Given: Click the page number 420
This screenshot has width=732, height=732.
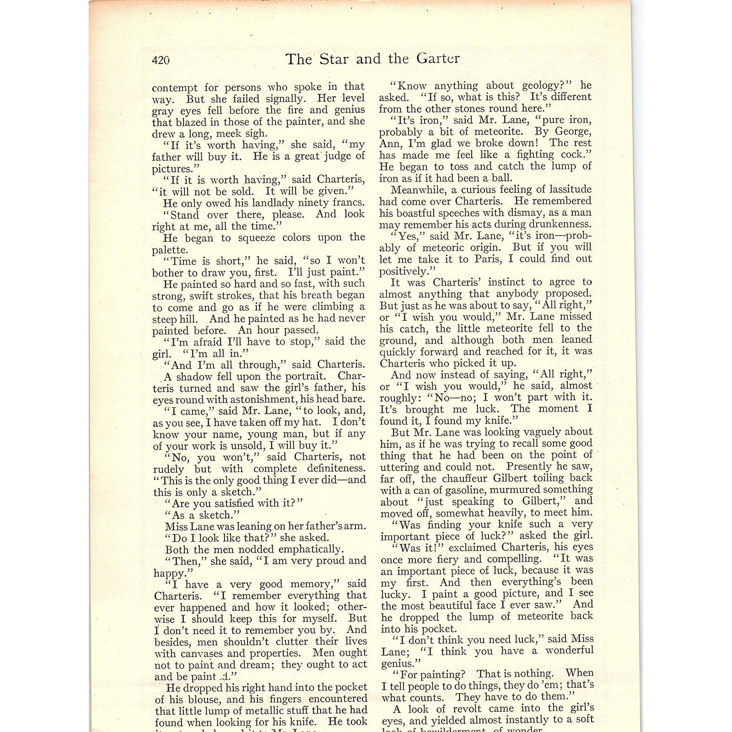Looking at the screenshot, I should [x=161, y=60].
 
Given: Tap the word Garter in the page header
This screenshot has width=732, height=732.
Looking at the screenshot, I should [x=438, y=59].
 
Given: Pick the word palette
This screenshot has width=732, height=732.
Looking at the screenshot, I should [x=169, y=250].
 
